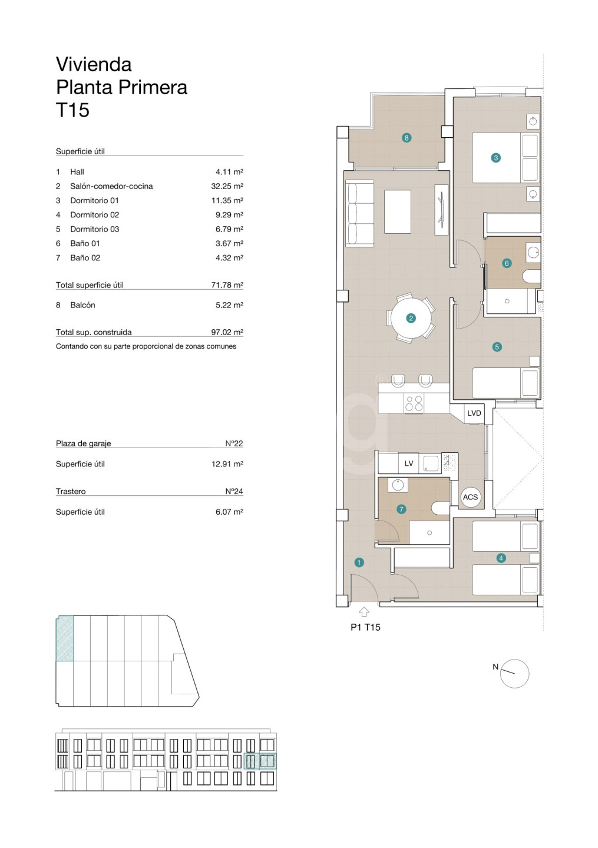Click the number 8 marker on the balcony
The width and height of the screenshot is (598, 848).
click(407, 138)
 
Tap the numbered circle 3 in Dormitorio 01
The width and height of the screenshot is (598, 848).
click(495, 157)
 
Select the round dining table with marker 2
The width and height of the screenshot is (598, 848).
click(411, 318)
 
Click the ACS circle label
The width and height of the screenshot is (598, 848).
click(470, 497)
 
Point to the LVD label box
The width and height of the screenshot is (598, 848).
click(474, 413)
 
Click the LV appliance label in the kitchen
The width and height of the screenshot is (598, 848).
click(409, 463)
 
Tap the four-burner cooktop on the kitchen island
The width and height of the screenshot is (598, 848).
click(414, 403)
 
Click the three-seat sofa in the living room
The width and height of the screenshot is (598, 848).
click(360, 214)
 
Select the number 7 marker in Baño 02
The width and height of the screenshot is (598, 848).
click(401, 509)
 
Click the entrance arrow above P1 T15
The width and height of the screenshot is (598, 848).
click(364, 611)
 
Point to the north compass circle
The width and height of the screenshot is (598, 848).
click(514, 674)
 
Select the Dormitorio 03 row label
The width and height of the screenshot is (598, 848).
click(95, 229)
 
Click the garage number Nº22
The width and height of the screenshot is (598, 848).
click(234, 443)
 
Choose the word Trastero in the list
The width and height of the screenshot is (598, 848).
click(71, 491)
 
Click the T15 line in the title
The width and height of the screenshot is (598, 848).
click(72, 110)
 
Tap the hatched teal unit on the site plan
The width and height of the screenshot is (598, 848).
click(65, 638)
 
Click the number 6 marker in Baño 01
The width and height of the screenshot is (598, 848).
click(507, 263)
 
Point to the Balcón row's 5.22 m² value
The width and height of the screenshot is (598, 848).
click(230, 305)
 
